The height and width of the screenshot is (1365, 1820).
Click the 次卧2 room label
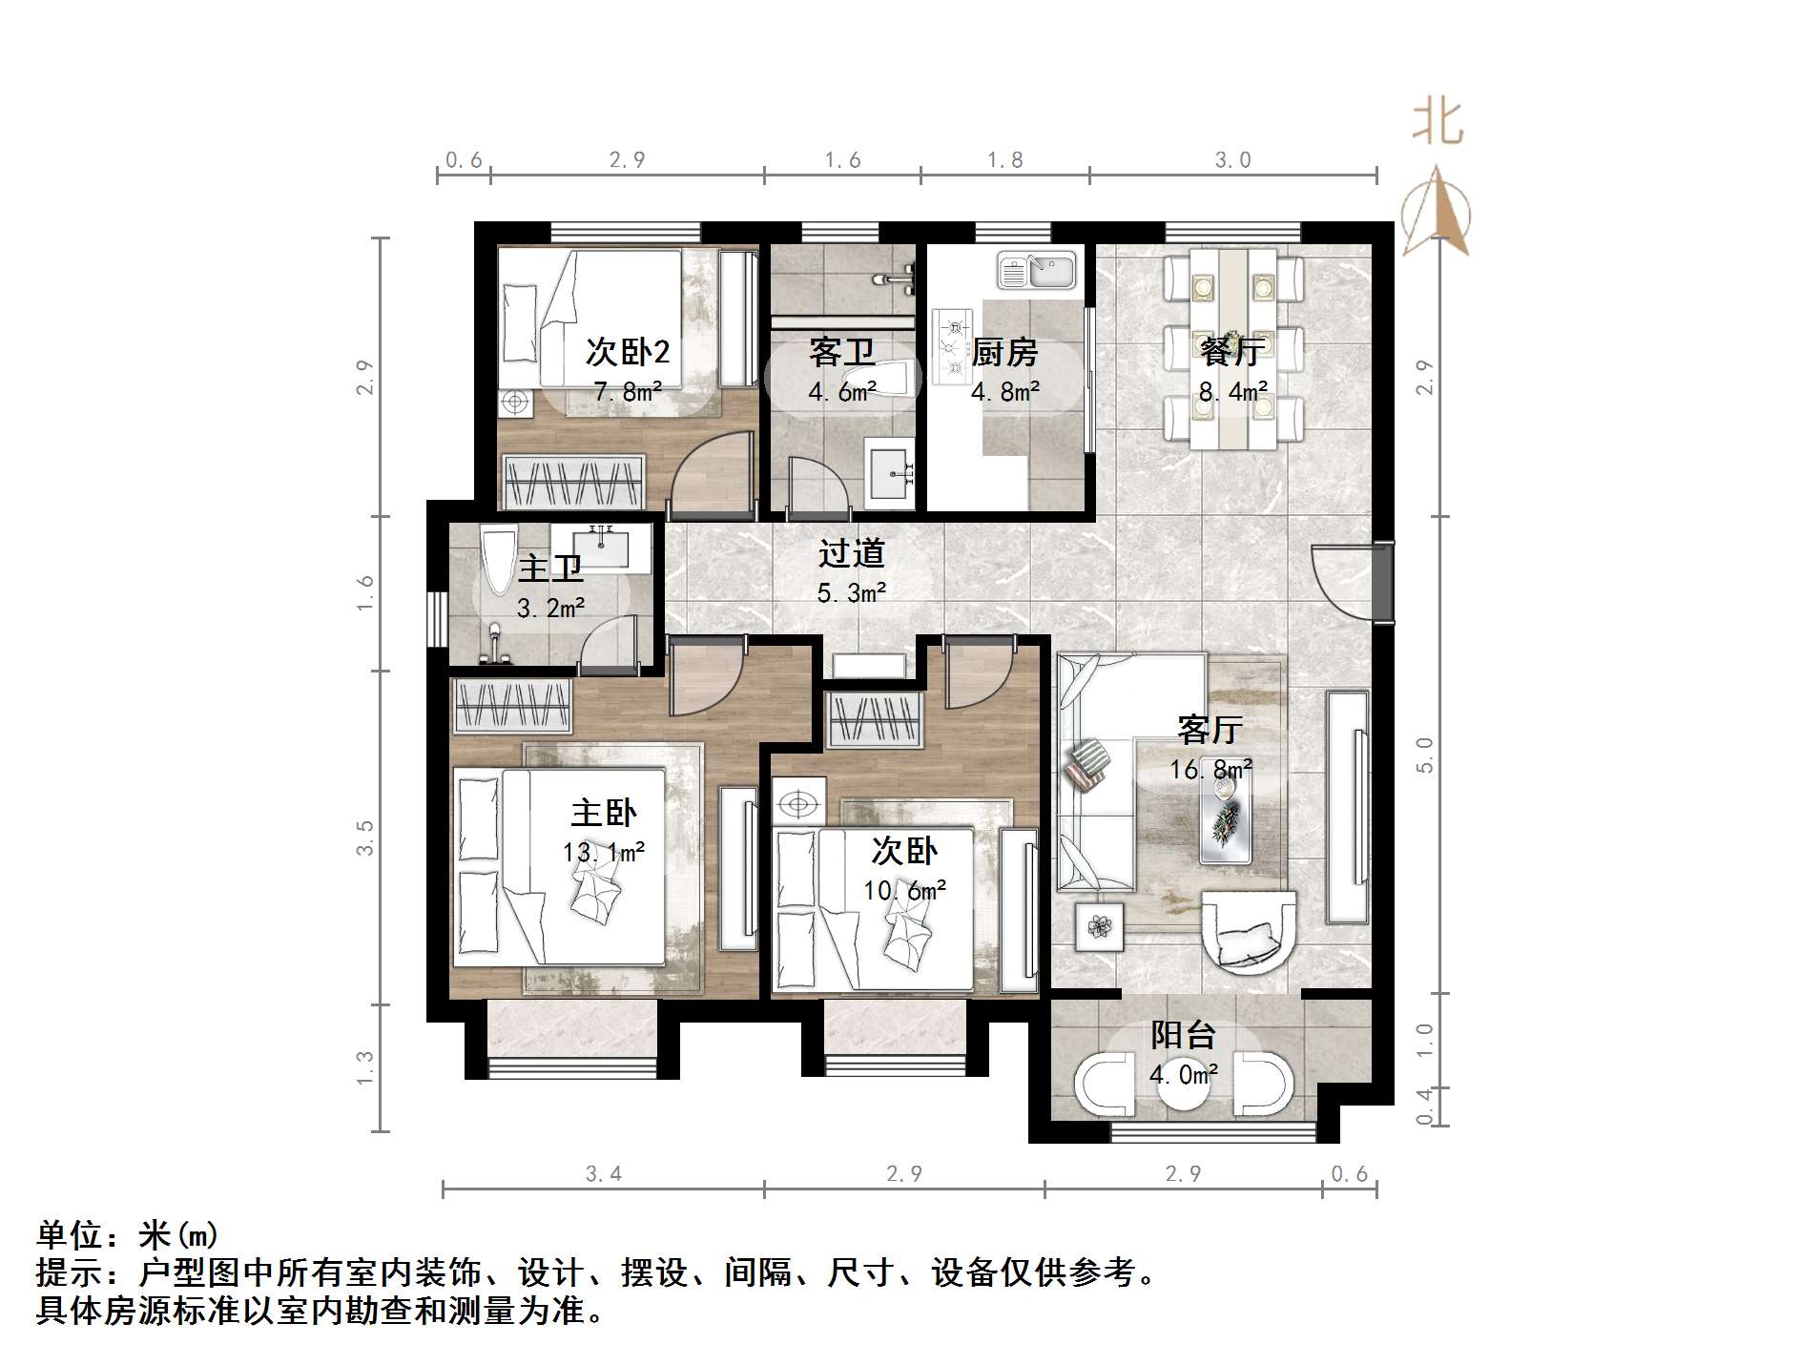coord(627,352)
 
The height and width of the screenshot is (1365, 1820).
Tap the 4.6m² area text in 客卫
coord(842,392)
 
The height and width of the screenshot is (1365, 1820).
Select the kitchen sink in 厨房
coord(1036,270)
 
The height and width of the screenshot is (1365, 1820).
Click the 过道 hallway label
coord(851,553)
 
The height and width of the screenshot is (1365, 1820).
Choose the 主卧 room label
coord(603,813)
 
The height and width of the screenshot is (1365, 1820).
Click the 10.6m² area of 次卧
coord(904,891)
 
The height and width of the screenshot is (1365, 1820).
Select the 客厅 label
coord(1210,730)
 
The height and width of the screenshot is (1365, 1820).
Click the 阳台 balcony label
coord(1183,1035)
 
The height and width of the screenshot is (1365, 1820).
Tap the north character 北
coord(1437,123)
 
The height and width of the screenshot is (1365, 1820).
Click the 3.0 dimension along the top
coord(1232,160)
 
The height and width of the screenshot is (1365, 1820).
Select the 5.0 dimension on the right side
coord(1424,755)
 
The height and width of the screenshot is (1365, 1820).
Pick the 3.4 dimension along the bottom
coord(603,1174)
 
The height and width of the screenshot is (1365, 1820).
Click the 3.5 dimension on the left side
coord(364,838)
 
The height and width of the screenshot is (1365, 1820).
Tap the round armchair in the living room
coord(1249,930)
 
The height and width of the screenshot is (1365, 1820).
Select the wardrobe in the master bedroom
coord(513,706)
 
